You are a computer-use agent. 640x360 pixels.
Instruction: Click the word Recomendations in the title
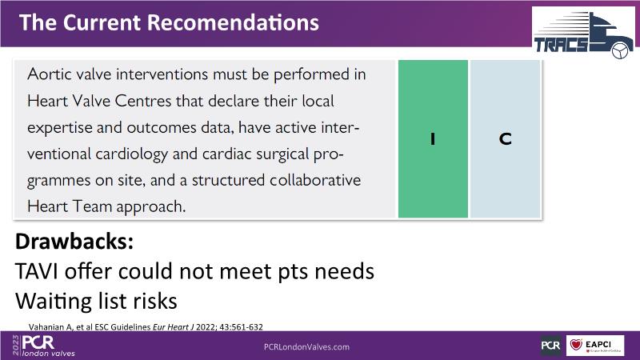pos(233,22)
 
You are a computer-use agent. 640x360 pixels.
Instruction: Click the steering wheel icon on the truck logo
pos(620,50)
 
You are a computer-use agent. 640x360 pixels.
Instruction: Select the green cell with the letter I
pos(433,138)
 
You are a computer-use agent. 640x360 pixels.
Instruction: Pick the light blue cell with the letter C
pos(506,138)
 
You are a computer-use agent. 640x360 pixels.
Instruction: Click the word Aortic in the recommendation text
pos(49,74)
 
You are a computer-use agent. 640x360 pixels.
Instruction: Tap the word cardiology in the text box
pos(131,154)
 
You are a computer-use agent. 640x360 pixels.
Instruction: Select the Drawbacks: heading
pos(74,242)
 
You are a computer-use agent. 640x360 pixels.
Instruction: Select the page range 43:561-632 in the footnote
pos(242,327)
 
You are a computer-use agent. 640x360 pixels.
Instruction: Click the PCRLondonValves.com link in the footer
pos(306,347)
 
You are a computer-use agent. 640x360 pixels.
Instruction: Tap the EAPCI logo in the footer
pos(595,346)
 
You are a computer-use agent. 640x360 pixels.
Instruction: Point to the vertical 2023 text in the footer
pos(16,346)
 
